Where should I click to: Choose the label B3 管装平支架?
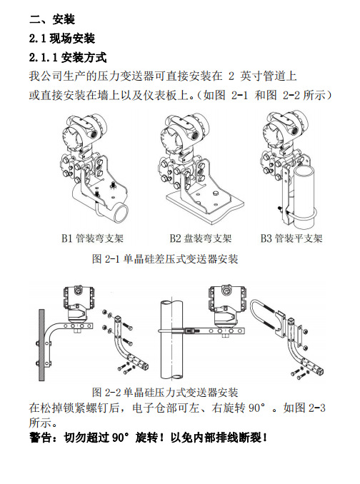click(291, 238)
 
